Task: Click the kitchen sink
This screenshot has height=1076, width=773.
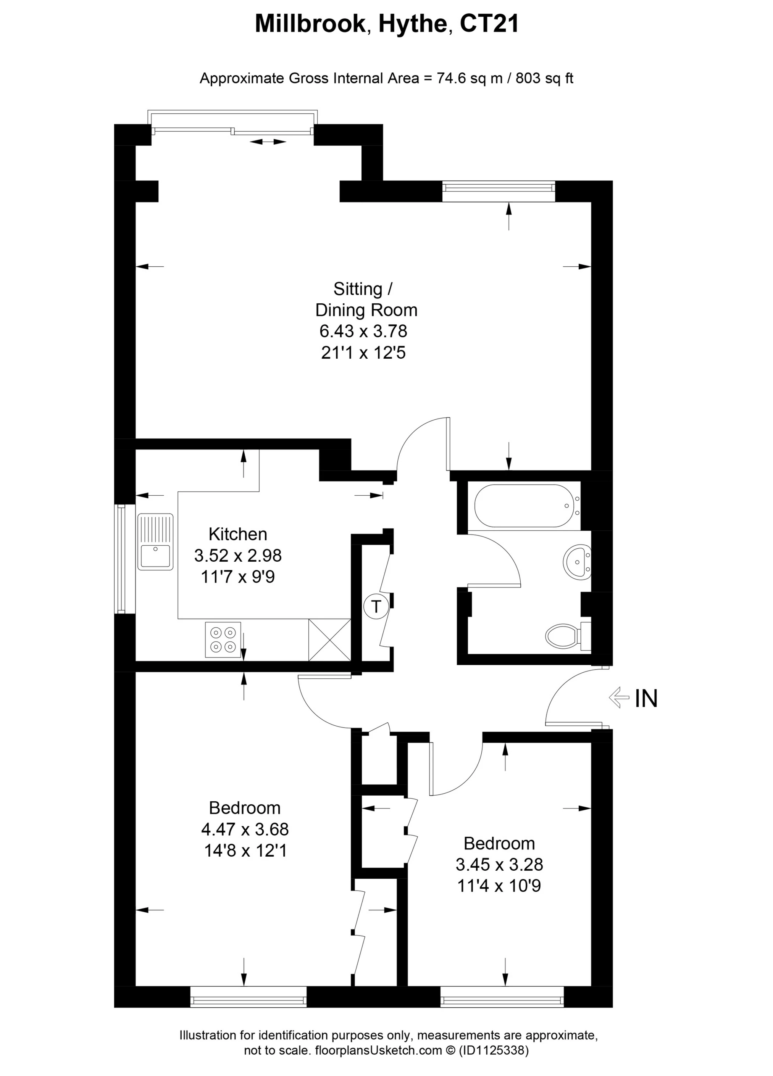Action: click(x=155, y=541)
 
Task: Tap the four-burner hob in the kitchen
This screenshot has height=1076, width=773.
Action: click(x=223, y=639)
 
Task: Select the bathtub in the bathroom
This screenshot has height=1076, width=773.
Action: click(x=527, y=506)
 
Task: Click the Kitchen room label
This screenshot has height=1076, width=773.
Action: click(x=238, y=534)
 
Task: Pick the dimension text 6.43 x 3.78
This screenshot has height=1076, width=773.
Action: click(x=363, y=331)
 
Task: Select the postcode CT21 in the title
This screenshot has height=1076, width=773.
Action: click(x=489, y=23)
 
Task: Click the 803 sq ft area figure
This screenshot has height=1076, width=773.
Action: click(x=544, y=78)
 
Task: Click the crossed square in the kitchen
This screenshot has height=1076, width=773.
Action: click(x=330, y=640)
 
